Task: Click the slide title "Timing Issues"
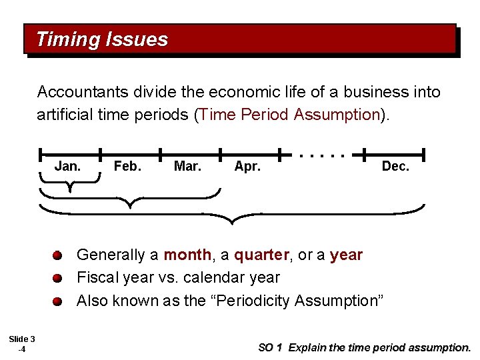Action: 102,39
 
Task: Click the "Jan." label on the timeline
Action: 67,166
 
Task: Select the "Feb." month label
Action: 127,166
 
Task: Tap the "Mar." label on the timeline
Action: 187,166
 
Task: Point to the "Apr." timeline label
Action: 247,166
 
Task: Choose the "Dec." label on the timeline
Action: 395,166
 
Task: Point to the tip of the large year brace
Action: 231,221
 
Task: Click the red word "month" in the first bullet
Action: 187,255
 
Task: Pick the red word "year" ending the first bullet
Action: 347,255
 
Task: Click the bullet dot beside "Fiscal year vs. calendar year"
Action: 58,277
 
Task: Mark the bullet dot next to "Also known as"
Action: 58,301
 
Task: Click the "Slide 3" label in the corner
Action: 22,339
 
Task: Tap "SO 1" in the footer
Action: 271,347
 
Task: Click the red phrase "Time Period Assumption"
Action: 289,115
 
